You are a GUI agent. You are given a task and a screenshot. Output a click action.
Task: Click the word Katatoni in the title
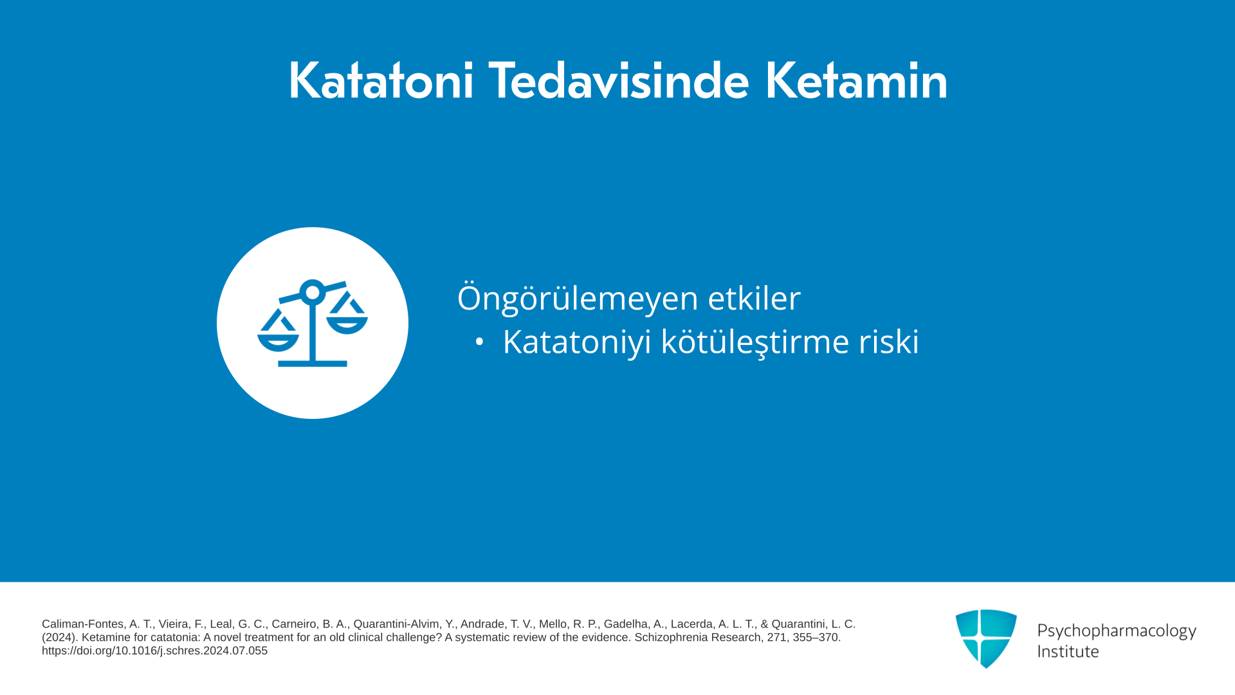(381, 81)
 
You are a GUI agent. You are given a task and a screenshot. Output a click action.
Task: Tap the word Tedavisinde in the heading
(619, 81)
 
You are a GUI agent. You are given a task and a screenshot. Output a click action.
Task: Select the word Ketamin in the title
(856, 81)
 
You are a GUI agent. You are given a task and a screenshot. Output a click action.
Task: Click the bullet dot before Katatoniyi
(479, 342)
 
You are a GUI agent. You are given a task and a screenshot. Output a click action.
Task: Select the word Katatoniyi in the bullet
(577, 342)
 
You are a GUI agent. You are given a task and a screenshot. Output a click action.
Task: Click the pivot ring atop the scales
(313, 293)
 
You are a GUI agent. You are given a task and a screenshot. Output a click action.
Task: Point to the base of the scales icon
(313, 364)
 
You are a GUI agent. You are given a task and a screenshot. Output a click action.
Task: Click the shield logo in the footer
(986, 638)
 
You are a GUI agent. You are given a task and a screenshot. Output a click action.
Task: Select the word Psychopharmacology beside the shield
(1117, 631)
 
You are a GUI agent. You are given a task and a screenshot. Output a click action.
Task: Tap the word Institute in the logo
(1068, 651)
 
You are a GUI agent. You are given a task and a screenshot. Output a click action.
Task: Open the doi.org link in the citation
(154, 651)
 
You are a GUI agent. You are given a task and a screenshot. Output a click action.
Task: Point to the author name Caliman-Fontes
(82, 624)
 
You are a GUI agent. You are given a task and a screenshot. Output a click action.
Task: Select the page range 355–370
(817, 638)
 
